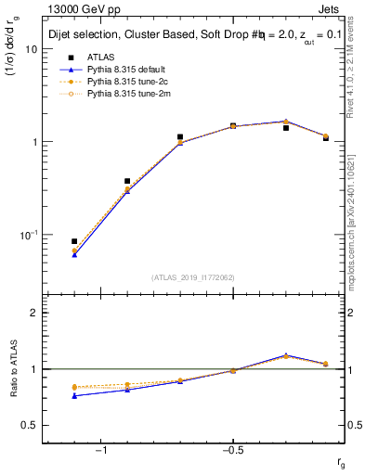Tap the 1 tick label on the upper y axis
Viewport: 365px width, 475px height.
[x=35, y=142]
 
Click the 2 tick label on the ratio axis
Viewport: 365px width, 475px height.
[x=35, y=314]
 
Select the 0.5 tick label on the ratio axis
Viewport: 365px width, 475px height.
[x=31, y=425]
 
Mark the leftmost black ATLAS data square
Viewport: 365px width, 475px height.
[x=74, y=241]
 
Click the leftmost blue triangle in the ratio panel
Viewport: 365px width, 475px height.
[x=74, y=396]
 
